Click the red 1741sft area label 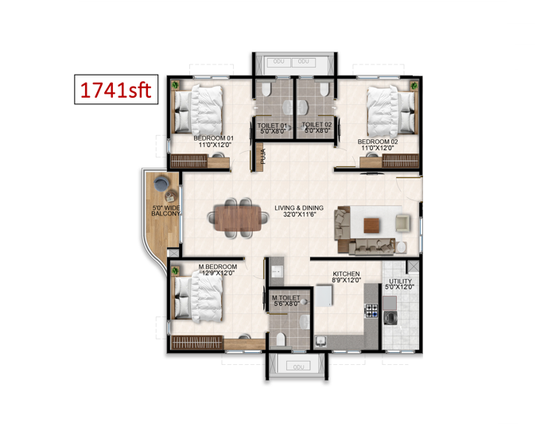tap(115, 90)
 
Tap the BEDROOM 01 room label tap(213, 138)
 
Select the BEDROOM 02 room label tap(378, 141)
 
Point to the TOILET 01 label tap(272, 126)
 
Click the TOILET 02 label tap(317, 125)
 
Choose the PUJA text tap(262, 156)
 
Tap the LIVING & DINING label tap(299, 207)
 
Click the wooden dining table tap(238, 218)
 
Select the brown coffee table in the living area tap(371, 226)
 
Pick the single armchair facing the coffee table tap(402, 223)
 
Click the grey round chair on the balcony tap(161, 184)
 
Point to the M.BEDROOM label tap(218, 266)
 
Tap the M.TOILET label tap(286, 298)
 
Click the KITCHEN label tap(346, 274)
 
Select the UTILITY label tap(400, 281)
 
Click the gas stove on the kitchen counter tap(372, 310)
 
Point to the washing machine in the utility tap(390, 318)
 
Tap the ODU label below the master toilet tap(298, 367)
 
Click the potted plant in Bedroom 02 tap(414, 85)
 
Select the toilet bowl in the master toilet tap(280, 339)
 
